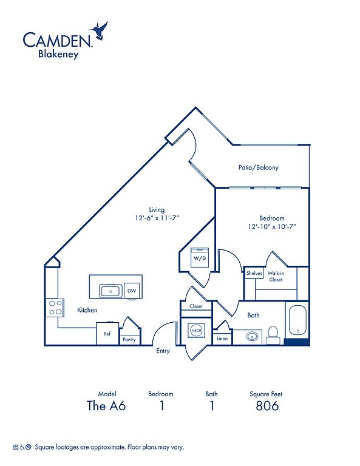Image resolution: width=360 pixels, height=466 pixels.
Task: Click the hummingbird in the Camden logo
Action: tap(99, 30)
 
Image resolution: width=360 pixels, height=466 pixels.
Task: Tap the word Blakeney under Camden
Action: tap(58, 55)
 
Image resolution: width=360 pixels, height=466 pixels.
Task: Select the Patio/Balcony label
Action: tap(259, 167)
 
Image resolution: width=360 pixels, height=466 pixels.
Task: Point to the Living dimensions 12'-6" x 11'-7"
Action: tap(157, 218)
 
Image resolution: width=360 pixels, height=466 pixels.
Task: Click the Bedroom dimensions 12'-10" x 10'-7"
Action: tap(272, 227)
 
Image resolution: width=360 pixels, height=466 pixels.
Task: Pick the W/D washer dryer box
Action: tap(200, 258)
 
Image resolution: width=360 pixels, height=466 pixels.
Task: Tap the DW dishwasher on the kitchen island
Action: tap(132, 291)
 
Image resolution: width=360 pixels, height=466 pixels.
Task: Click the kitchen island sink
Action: tap(110, 291)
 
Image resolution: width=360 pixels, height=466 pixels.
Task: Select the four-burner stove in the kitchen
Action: tap(55, 308)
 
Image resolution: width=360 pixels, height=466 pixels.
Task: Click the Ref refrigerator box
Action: tap(107, 334)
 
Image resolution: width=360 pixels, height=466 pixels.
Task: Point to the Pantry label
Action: tap(129, 339)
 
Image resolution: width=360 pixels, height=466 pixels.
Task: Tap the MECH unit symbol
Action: tap(196, 331)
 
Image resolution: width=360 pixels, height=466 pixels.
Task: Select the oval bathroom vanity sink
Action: tap(252, 337)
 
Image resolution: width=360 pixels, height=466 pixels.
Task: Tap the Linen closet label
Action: tap(222, 339)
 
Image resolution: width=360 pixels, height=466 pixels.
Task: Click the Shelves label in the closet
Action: tap(254, 273)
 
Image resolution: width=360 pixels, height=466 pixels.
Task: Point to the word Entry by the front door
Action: tap(163, 351)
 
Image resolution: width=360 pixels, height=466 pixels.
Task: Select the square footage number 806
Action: tap(267, 406)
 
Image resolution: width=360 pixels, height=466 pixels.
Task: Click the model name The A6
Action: tap(106, 406)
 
